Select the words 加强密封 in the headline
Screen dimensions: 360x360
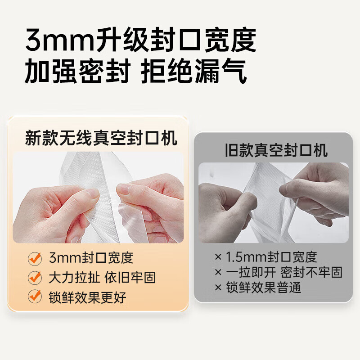tap(77, 72)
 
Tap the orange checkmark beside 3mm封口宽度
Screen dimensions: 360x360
tap(35, 258)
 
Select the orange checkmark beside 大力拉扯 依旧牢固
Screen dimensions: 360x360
tap(35, 277)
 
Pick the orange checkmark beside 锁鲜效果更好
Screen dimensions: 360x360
tap(35, 297)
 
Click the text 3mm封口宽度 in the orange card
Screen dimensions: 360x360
tap(91, 258)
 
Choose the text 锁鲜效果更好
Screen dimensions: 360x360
tap(87, 297)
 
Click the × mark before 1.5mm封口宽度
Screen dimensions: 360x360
tap(218, 257)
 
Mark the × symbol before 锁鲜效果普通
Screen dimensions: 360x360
tap(218, 287)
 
